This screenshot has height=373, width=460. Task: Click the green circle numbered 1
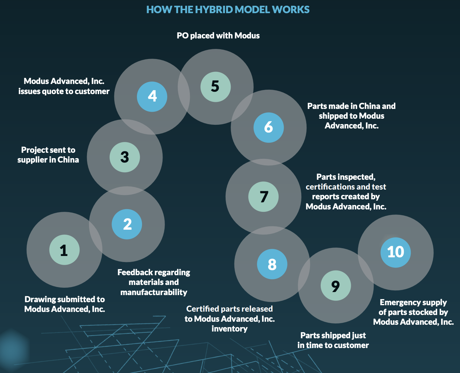pyautogui.click(x=64, y=250)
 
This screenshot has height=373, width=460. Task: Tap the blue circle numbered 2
pyautogui.click(x=127, y=224)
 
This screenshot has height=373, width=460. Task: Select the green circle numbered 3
pyautogui.click(x=124, y=157)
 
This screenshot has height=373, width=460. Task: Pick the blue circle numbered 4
pyautogui.click(x=152, y=96)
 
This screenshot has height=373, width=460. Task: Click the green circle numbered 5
pyautogui.click(x=215, y=87)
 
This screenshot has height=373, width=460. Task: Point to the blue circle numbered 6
pyautogui.click(x=269, y=127)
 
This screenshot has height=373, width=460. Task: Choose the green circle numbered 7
pyautogui.click(x=263, y=197)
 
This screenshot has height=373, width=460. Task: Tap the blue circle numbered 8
pyautogui.click(x=272, y=264)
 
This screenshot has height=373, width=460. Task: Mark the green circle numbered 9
pyautogui.click(x=336, y=286)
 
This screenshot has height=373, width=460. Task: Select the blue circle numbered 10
pyautogui.click(x=396, y=253)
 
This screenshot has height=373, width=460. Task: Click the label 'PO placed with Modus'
pyautogui.click(x=218, y=36)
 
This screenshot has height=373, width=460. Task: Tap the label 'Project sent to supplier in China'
pyautogui.click(x=48, y=155)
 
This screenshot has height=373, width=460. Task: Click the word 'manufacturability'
pyautogui.click(x=154, y=292)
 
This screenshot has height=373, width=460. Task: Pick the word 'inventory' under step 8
pyautogui.click(x=230, y=329)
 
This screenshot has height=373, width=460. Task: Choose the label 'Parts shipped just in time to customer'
pyautogui.click(x=333, y=340)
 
